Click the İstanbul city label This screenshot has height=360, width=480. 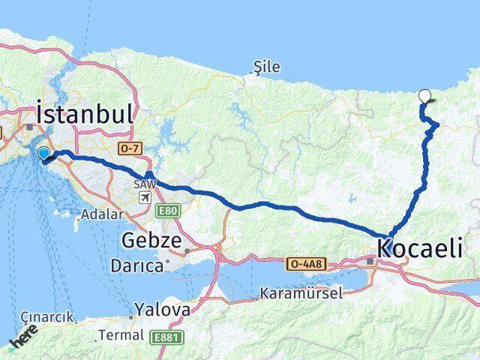pyautogui.click(x=85, y=115)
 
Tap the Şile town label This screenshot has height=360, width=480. pyautogui.click(x=268, y=67)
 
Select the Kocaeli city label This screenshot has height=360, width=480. pyautogui.click(x=420, y=248)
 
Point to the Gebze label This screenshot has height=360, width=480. pyautogui.click(x=151, y=241)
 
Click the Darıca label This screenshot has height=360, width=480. pyautogui.click(x=136, y=265)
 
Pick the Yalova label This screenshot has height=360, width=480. pyautogui.click(x=162, y=308)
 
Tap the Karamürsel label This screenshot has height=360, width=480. pyautogui.click(x=296, y=292)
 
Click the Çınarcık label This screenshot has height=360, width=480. pyautogui.click(x=48, y=317)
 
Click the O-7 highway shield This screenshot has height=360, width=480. pyautogui.click(x=129, y=150)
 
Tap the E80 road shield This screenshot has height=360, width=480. pyautogui.click(x=169, y=212)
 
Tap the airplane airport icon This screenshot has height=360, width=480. pyautogui.click(x=144, y=198)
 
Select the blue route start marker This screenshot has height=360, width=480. pyautogui.click(x=43, y=154)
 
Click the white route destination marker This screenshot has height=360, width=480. pyautogui.click(x=425, y=95)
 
